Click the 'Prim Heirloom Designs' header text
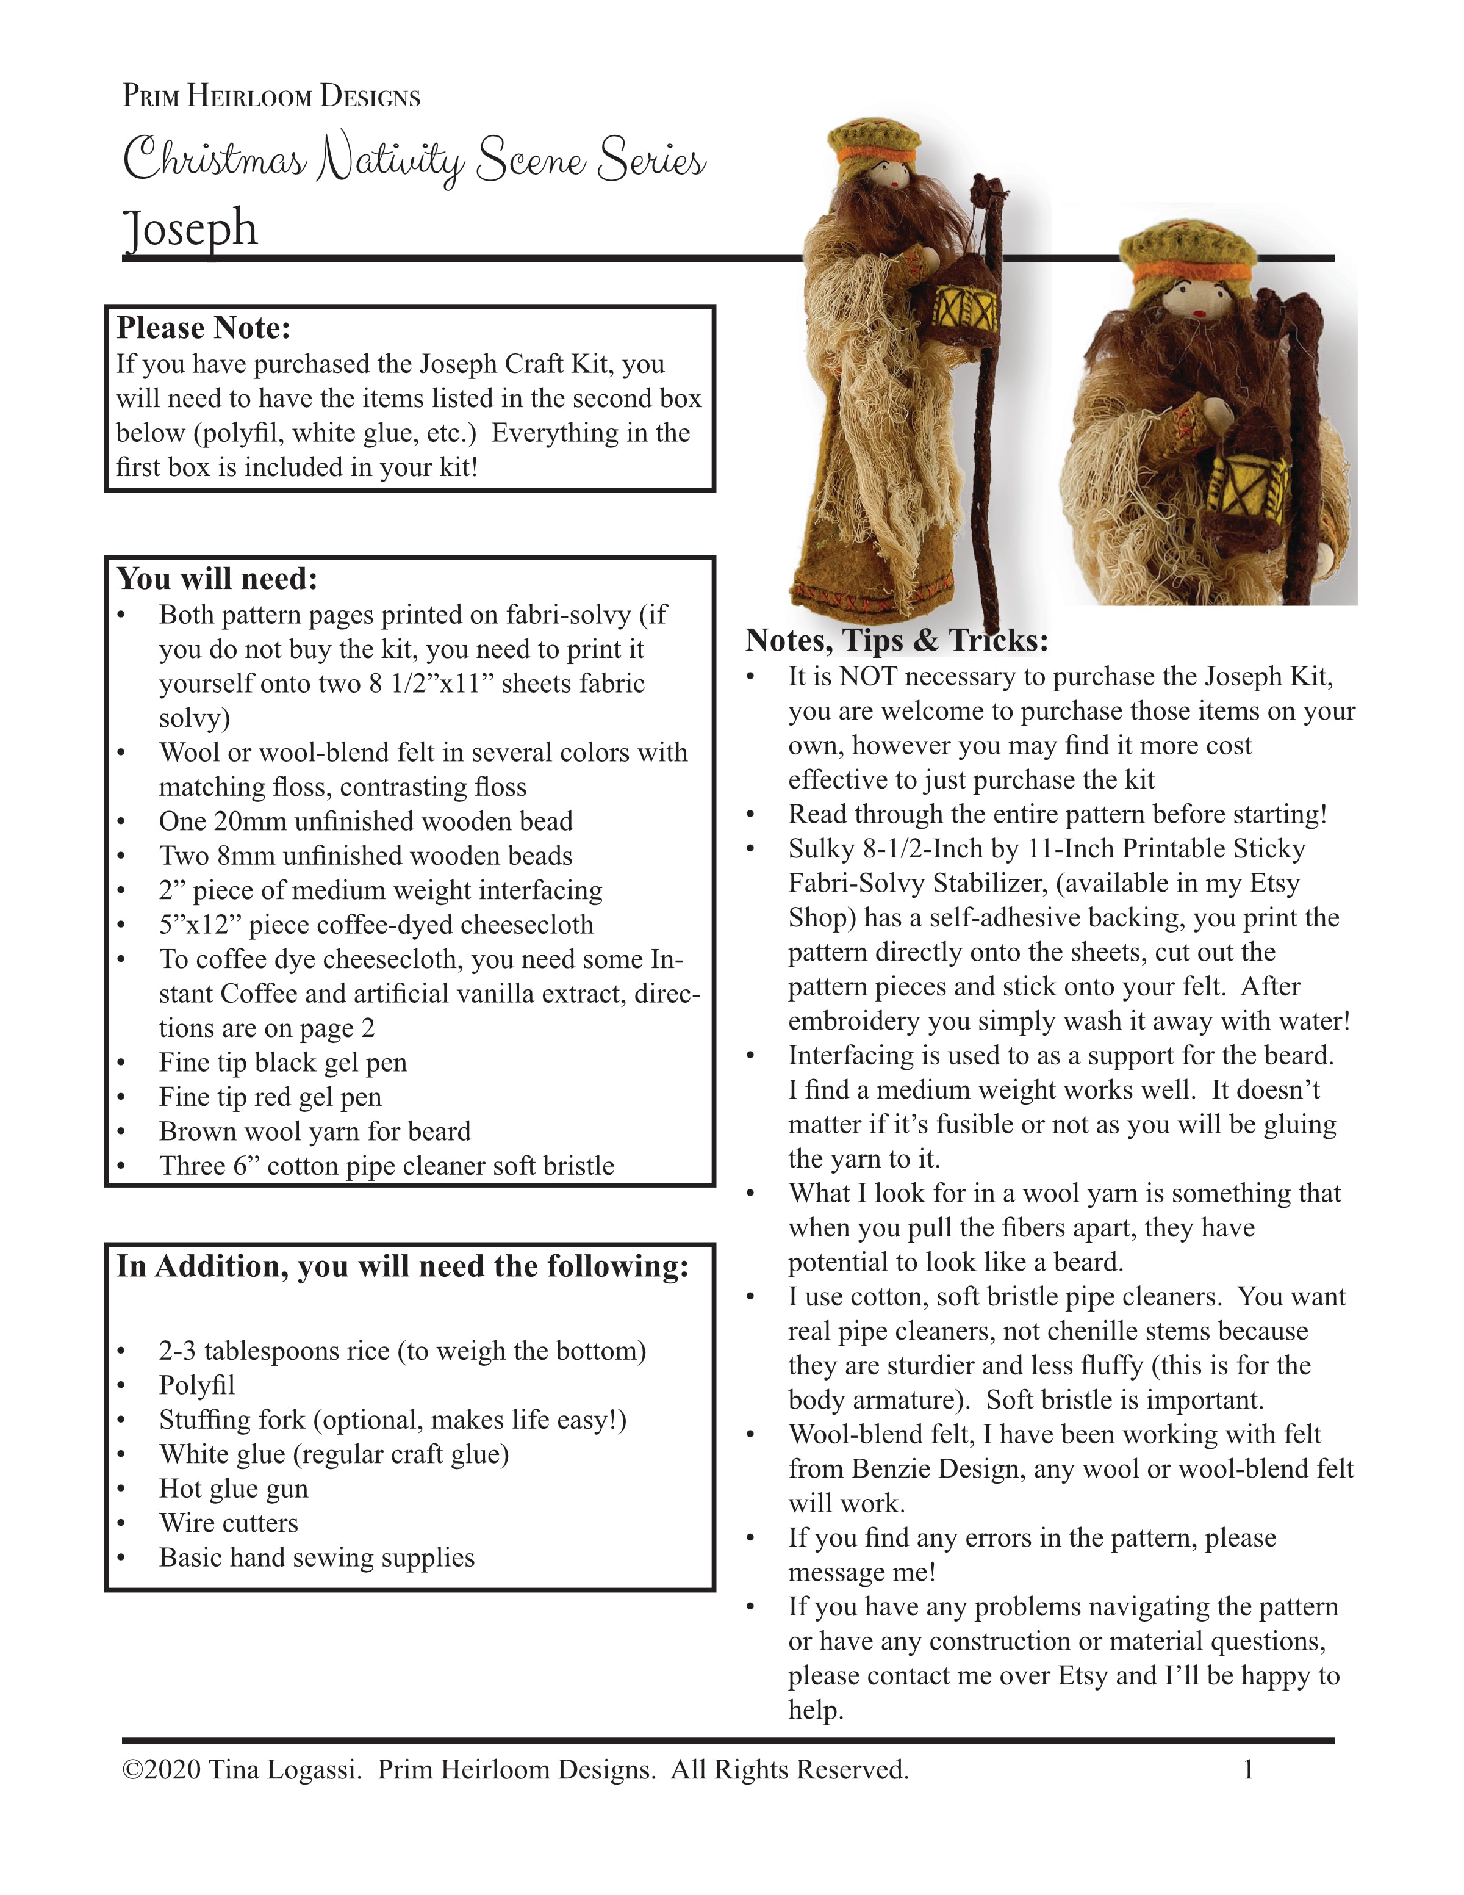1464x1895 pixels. [x=271, y=95]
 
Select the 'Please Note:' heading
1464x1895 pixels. [x=204, y=328]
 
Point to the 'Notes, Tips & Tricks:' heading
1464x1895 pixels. [x=897, y=640]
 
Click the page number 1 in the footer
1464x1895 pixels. [x=1248, y=1770]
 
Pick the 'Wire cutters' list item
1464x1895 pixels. [x=228, y=1523]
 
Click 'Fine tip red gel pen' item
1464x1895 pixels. [x=270, y=1097]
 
